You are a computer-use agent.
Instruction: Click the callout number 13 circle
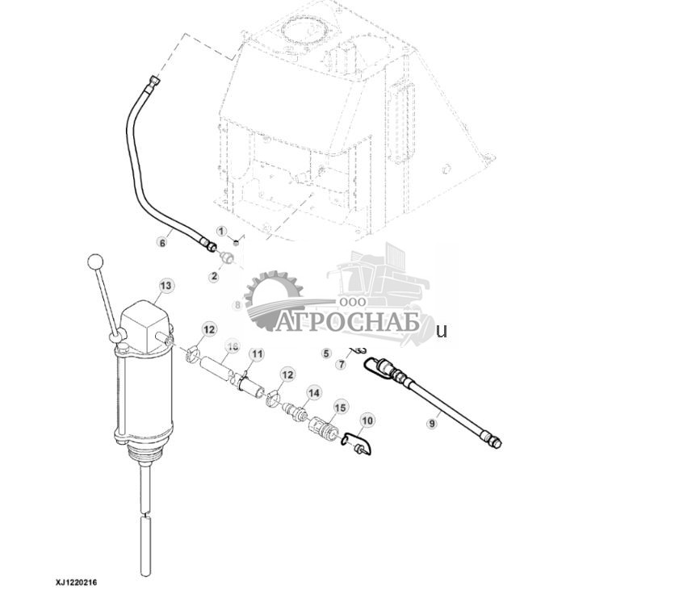tap(166, 286)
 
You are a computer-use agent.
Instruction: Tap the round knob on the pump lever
tap(95, 262)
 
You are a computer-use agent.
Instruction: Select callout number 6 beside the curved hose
tap(162, 241)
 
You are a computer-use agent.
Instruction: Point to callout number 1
tap(221, 232)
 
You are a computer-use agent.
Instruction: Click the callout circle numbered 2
tap(214, 276)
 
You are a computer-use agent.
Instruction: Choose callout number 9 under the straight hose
tap(432, 423)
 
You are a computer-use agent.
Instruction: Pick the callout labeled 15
tap(340, 408)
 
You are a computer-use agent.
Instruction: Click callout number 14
tap(313, 392)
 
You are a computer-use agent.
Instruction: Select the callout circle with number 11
tap(257, 354)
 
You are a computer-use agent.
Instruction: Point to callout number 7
tap(342, 365)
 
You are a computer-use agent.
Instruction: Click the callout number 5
tap(326, 354)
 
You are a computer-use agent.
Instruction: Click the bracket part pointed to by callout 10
tap(355, 443)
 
